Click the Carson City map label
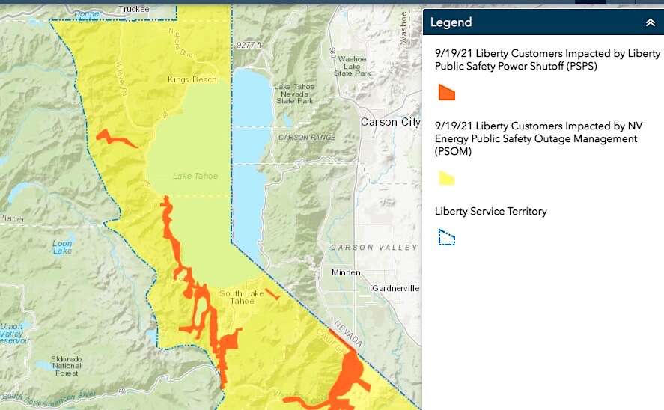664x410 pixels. (x=390, y=122)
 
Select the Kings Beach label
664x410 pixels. (x=192, y=79)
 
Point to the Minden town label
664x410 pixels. (x=346, y=272)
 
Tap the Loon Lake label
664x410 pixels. (x=63, y=247)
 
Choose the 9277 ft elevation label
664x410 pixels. (x=248, y=46)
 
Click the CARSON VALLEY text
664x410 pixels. (x=373, y=248)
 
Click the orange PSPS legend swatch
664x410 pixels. (x=446, y=92)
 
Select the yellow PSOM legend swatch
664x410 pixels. (x=446, y=178)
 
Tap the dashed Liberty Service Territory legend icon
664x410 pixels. (x=446, y=238)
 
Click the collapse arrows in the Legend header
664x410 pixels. (x=650, y=22)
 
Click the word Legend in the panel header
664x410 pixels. (x=451, y=22)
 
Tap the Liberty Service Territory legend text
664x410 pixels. (x=490, y=212)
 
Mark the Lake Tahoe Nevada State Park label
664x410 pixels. (x=296, y=94)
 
